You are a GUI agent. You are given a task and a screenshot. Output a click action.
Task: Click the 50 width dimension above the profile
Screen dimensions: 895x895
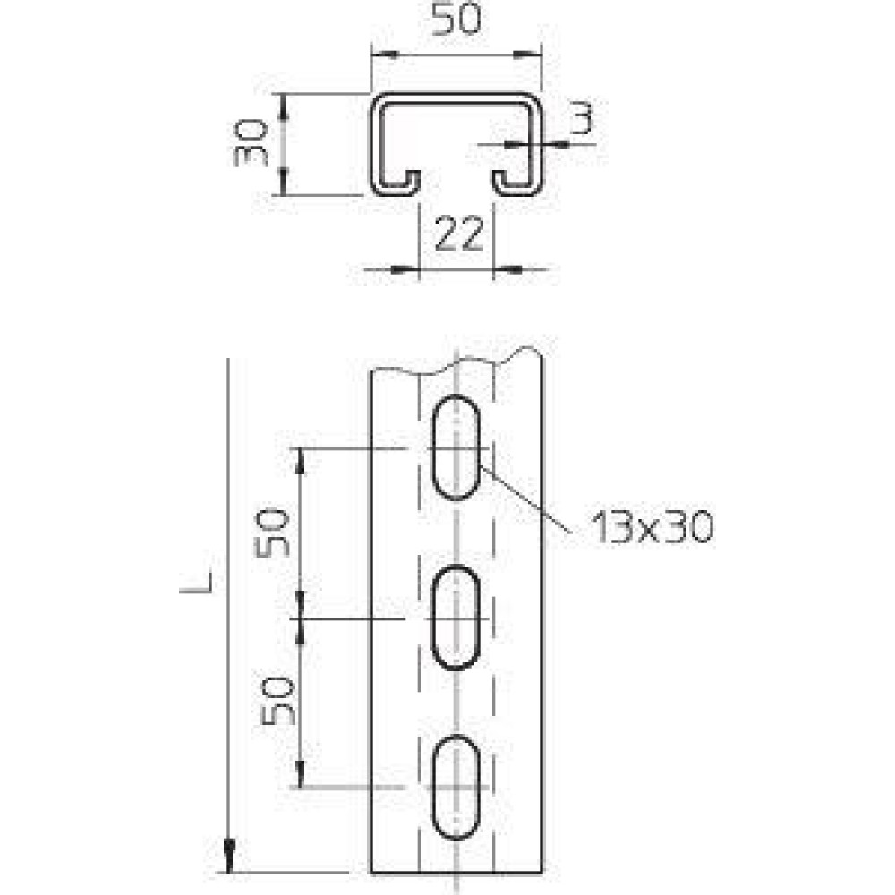456,19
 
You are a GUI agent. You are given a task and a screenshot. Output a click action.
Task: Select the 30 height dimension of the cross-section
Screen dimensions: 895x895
251,142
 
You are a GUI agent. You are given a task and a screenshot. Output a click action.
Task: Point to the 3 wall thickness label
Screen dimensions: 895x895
582,118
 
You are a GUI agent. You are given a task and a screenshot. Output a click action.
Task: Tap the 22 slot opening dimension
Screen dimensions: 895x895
459,234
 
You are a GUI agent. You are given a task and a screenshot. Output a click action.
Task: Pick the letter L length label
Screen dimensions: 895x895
198,583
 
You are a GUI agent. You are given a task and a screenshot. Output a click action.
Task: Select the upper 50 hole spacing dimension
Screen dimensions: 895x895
272,533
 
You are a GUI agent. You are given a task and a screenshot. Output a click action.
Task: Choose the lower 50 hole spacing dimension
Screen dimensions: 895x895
278,701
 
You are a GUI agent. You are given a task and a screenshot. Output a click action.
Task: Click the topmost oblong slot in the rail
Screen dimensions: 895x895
456,447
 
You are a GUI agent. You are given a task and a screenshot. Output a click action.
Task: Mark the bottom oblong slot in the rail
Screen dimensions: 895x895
456,788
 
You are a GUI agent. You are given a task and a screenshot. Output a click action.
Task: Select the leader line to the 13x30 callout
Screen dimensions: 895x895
525,499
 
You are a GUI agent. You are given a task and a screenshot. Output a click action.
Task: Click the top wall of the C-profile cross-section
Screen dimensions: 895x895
456,98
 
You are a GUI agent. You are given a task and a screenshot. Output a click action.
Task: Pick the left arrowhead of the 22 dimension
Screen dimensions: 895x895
405,268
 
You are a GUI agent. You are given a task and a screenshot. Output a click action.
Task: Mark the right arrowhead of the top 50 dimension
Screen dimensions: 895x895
527,55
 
